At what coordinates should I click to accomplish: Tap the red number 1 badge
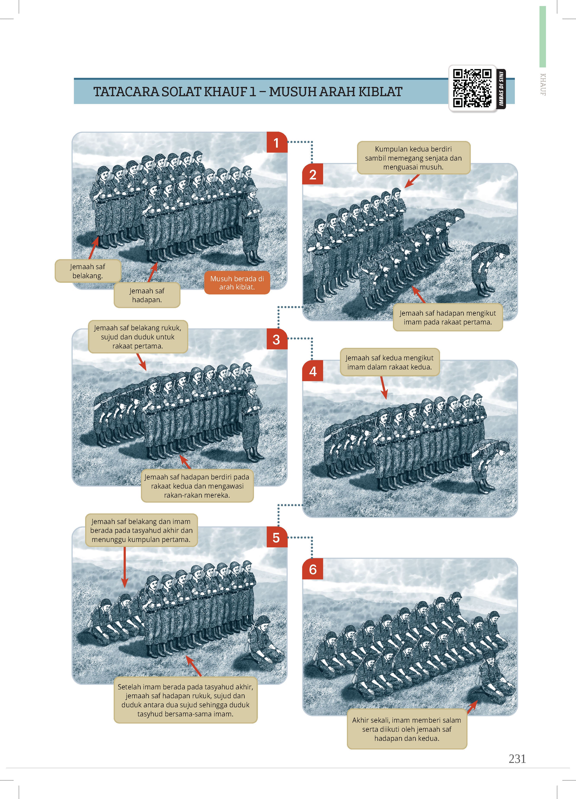point(277,143)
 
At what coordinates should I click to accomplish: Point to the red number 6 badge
point(313,569)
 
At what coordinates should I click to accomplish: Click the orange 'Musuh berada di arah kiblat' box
point(237,283)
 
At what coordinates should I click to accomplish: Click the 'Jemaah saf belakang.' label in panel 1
point(88,271)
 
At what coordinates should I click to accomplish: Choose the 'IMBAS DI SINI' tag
point(501,89)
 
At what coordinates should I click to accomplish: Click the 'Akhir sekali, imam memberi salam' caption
point(407,729)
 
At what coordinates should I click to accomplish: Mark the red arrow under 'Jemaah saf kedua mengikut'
point(384,388)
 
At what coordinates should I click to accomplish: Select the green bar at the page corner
point(542,37)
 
